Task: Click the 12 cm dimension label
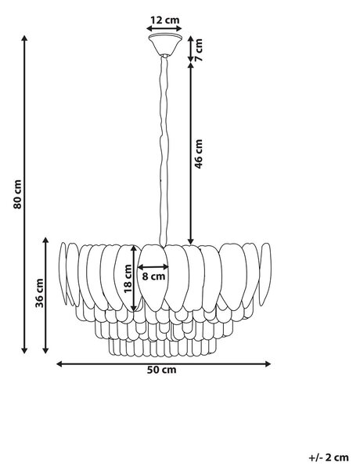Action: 164,20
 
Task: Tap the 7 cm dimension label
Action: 199,50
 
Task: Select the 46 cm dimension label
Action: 199,154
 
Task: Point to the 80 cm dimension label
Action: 17,194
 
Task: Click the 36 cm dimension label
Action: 39,293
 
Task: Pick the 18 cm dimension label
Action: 128,278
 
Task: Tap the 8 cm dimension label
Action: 153,276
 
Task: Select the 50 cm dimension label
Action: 162,370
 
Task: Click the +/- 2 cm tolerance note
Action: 329,457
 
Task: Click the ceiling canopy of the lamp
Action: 165,45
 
